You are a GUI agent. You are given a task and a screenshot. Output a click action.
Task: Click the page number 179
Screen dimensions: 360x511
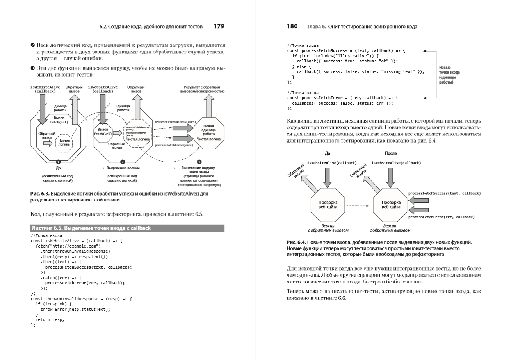[x=219, y=26]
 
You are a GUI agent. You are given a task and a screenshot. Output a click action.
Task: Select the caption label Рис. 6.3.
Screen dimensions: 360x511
[x=40, y=194]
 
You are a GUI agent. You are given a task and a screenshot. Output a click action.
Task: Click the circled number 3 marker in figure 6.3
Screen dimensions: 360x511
[x=199, y=162]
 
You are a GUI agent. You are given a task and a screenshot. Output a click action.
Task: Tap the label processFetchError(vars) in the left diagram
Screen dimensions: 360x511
[x=174, y=145]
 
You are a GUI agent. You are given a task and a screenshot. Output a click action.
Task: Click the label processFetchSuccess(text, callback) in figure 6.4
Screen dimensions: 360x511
[x=444, y=193]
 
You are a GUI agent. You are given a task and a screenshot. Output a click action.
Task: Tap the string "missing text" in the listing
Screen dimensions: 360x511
[x=399, y=71]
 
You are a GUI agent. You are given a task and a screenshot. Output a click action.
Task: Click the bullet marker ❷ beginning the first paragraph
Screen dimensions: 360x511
[x=33, y=46]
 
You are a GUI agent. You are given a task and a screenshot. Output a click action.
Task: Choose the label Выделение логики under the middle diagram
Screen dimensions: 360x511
[x=122, y=168]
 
